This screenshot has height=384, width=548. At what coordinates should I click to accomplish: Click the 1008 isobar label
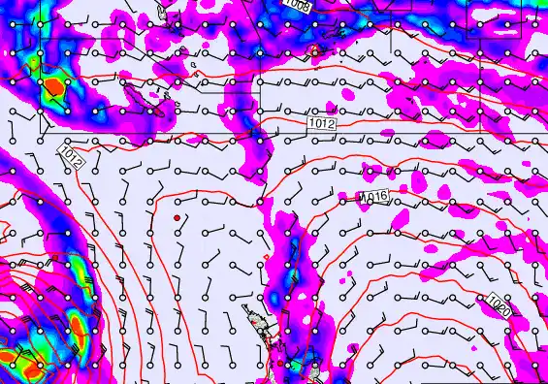pyautogui.click(x=298, y=5)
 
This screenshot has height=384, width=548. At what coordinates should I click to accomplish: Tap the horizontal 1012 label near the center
pyautogui.click(x=323, y=124)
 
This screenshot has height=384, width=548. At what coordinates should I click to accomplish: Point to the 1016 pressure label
pyautogui.click(x=373, y=197)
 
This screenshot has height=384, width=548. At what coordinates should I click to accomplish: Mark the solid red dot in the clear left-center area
pyautogui.click(x=177, y=218)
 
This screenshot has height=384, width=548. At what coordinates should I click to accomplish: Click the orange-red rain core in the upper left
pyautogui.click(x=54, y=88)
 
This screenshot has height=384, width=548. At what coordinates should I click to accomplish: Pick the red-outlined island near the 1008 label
pyautogui.click(x=313, y=50)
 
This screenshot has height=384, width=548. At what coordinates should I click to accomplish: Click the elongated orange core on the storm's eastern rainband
pyautogui.click(x=77, y=319)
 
